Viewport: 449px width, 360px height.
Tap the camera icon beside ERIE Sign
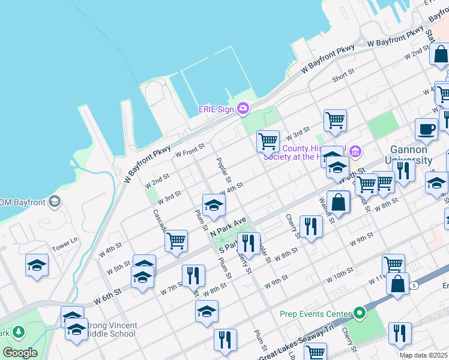(243, 109)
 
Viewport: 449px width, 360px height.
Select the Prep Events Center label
(315, 313)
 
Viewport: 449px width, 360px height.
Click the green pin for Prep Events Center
(360, 313)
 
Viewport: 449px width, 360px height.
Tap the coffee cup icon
(426, 129)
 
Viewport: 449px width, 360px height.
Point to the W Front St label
(190, 149)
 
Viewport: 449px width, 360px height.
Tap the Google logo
(20, 353)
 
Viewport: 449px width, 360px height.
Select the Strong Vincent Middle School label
(112, 329)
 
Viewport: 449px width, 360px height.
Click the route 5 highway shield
(415, 286)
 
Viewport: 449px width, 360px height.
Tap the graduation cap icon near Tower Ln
(37, 265)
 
